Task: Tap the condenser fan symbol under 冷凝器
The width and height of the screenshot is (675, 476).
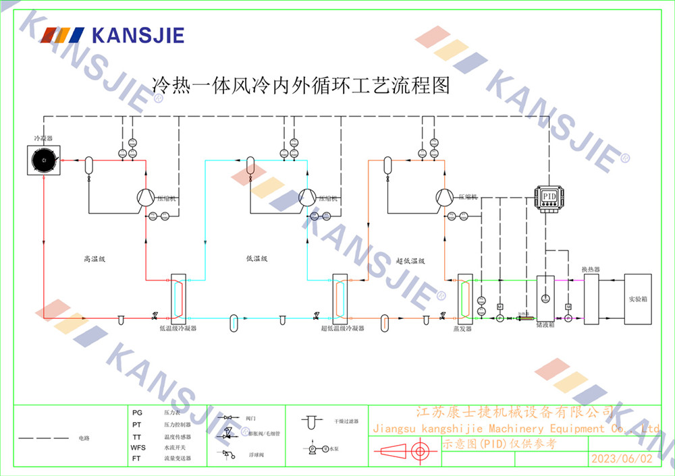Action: point(44,159)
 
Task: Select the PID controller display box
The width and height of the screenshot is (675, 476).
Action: point(550,197)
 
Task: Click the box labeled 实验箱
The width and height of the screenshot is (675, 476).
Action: point(638,298)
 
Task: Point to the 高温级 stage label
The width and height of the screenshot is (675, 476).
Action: point(95,259)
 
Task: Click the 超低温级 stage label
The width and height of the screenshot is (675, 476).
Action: point(410,261)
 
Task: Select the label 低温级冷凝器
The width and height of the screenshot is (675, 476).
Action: point(178,328)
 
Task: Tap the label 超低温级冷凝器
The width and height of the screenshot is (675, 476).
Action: point(342,328)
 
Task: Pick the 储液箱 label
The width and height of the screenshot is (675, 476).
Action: point(545,324)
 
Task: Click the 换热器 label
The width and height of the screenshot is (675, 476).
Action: point(591,269)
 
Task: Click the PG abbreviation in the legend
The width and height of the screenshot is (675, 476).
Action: point(138,412)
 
